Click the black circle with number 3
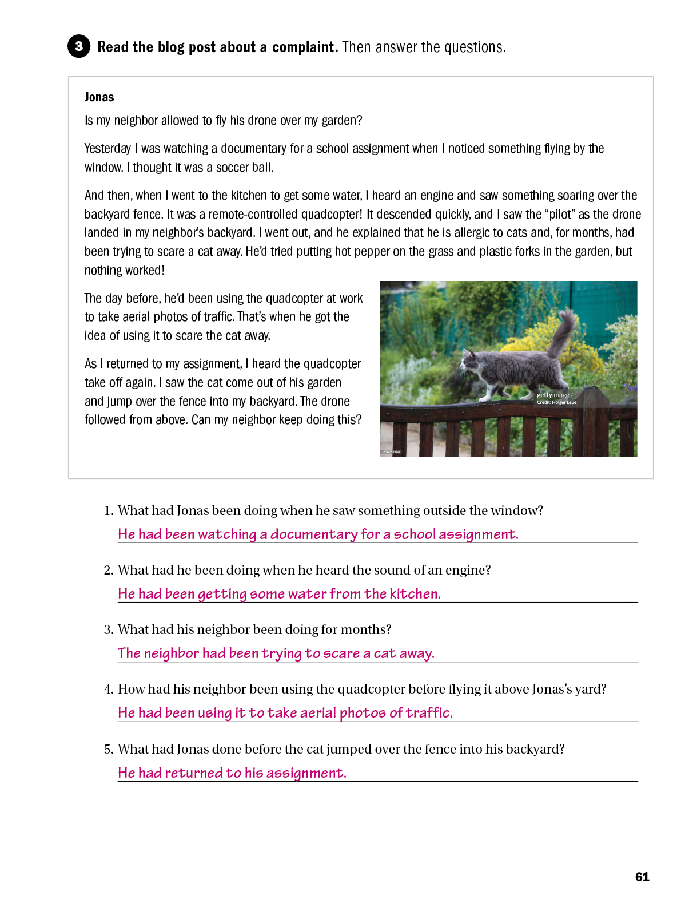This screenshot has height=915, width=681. (79, 46)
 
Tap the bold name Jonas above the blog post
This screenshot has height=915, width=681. (99, 97)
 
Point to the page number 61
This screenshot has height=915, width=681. (642, 877)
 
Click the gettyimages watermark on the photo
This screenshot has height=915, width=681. (554, 395)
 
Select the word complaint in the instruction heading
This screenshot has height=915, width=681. (305, 47)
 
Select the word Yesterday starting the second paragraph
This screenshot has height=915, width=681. (107, 148)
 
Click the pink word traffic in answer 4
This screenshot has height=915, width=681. (429, 712)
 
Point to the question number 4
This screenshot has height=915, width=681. (109, 689)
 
